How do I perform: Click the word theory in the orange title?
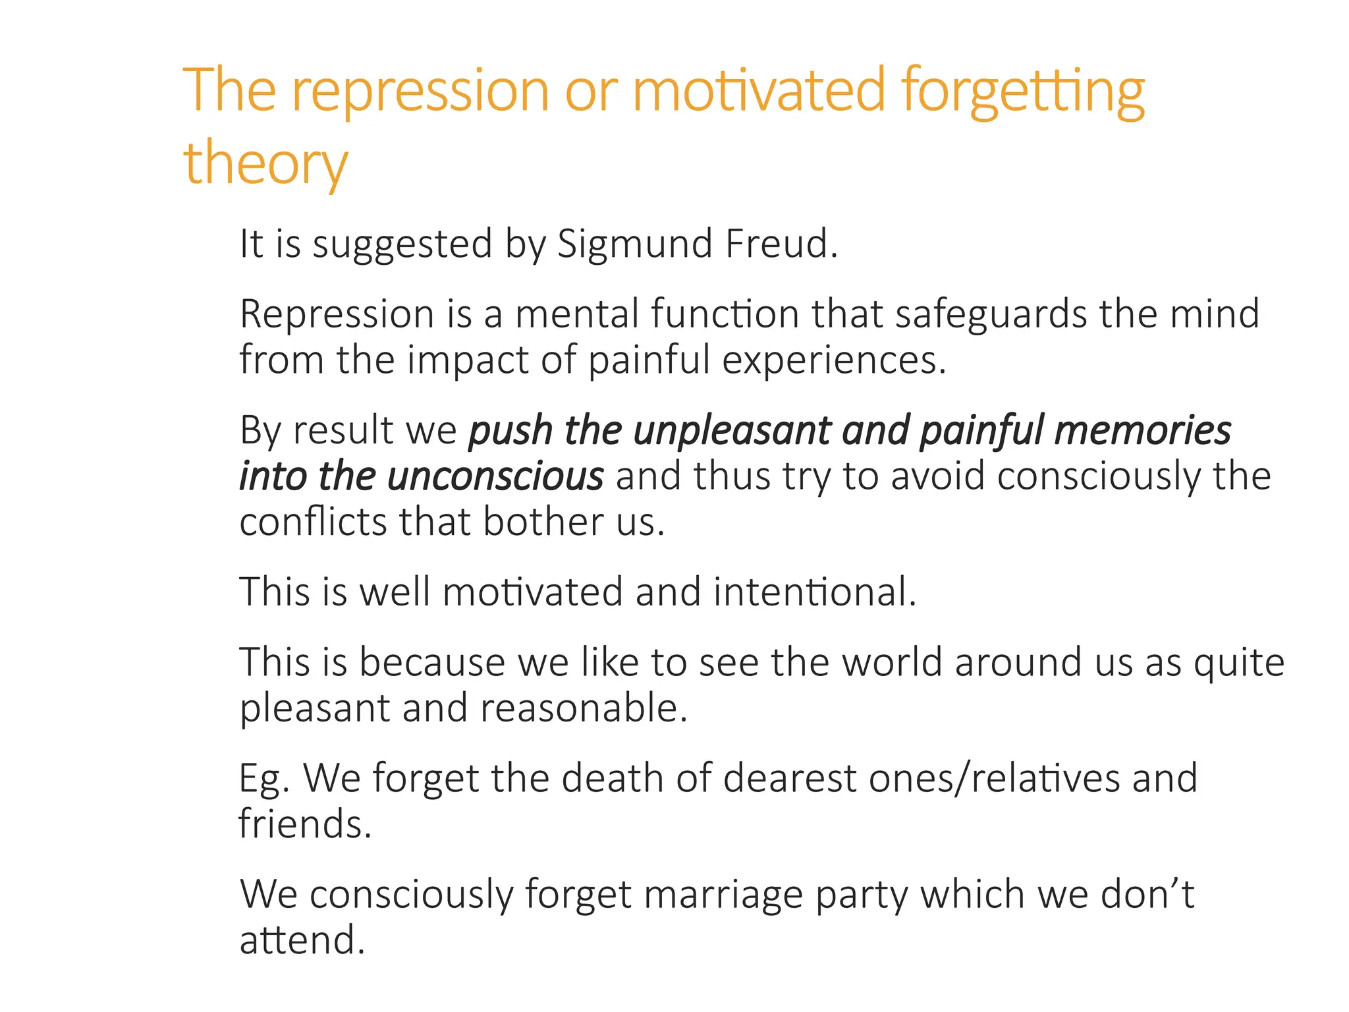coord(265,163)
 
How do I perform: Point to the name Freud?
coord(781,244)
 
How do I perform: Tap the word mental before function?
coord(577,314)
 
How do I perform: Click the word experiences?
coord(834,361)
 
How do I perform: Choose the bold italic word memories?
coord(1143,431)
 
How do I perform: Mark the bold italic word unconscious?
coord(495,476)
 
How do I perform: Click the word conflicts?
coord(313,522)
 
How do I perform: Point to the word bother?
coord(542,522)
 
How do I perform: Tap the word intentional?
coord(814,592)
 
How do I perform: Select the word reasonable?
coord(584,708)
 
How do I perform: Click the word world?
coord(893,662)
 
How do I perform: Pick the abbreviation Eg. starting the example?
coord(264,779)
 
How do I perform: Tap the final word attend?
coord(302,940)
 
